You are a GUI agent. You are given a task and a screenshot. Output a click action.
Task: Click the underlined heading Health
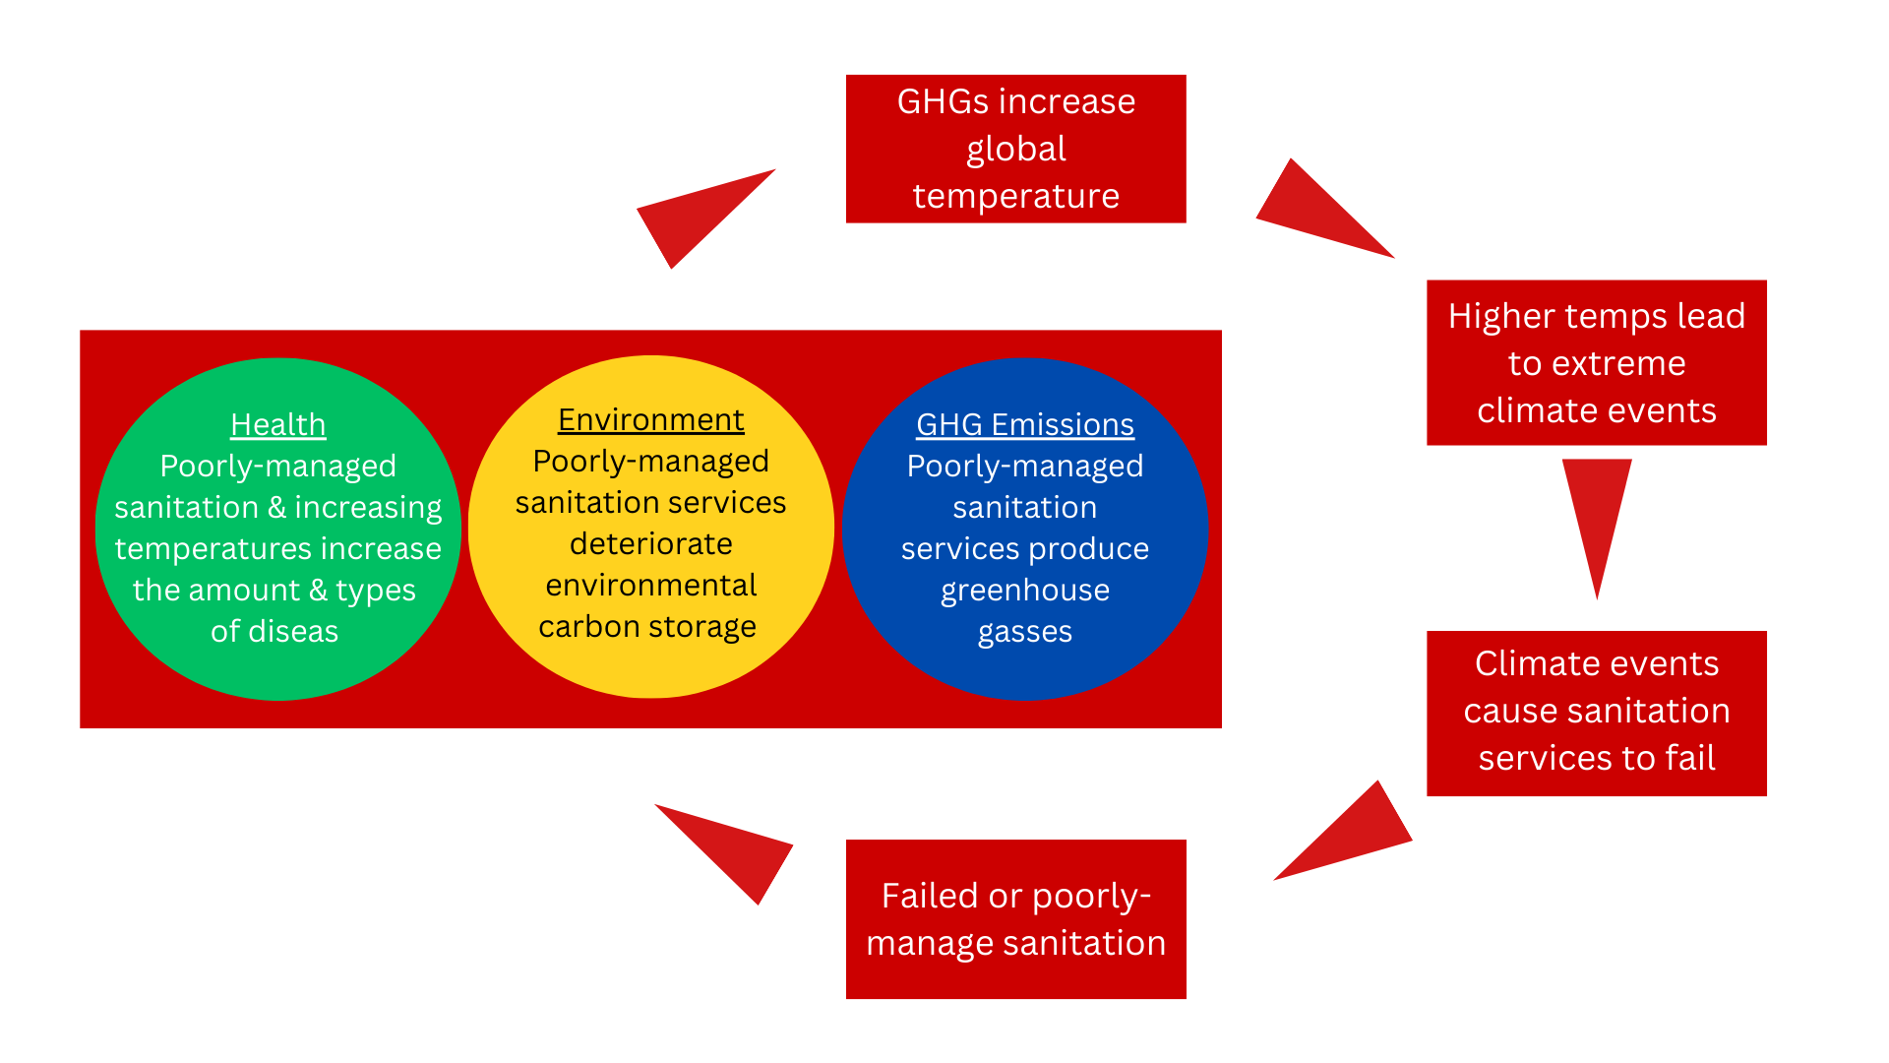click(277, 424)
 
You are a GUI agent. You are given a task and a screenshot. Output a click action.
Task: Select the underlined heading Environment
click(650, 419)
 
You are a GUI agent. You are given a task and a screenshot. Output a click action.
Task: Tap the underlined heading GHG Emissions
click(1024, 424)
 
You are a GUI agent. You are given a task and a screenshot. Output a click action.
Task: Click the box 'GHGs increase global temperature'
click(1015, 149)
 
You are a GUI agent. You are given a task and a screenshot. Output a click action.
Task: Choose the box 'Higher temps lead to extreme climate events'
click(1596, 362)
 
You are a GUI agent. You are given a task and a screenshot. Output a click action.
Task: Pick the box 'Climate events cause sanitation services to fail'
click(1596, 713)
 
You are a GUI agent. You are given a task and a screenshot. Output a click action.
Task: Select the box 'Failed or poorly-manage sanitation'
click(1015, 918)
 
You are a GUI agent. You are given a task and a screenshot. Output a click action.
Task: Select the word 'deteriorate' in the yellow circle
click(650, 543)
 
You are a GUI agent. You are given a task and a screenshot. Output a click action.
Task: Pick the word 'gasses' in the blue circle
click(1024, 632)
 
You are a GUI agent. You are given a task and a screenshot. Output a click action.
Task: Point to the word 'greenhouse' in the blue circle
click(1024, 590)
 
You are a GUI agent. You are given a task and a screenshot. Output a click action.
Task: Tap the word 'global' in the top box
click(1015, 149)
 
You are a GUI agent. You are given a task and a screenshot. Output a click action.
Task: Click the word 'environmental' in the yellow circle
click(650, 585)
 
